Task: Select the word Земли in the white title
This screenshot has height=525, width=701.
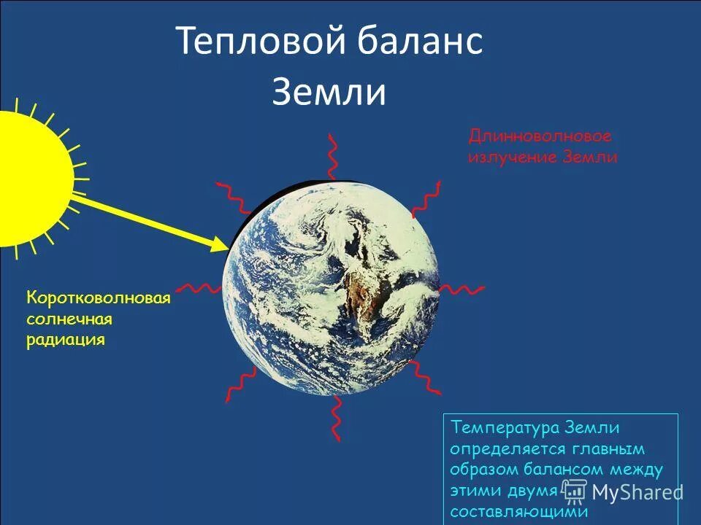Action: pyautogui.click(x=329, y=93)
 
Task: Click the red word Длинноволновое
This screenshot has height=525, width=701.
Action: pyautogui.click(x=540, y=136)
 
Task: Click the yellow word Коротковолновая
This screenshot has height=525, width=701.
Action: pyautogui.click(x=99, y=298)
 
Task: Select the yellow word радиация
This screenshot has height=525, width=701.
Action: pyautogui.click(x=66, y=340)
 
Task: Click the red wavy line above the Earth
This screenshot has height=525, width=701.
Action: pyautogui.click(x=333, y=157)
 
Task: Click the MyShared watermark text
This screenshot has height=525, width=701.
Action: pyautogui.click(x=637, y=492)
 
